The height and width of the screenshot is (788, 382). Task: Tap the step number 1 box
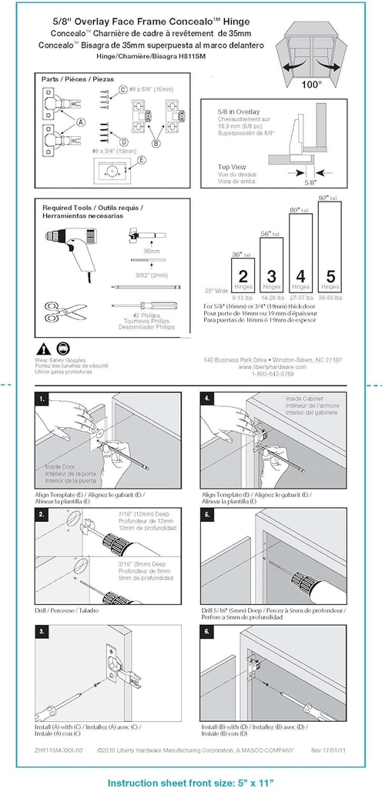point(43,399)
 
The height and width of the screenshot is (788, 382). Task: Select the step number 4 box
point(208,399)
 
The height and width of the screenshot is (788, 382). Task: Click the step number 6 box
point(208,631)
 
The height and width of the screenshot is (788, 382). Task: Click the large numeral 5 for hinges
point(331,275)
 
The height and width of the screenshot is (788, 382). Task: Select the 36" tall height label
point(242,254)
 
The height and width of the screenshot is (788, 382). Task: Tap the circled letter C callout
point(122,90)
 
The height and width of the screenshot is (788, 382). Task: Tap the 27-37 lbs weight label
point(300,297)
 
